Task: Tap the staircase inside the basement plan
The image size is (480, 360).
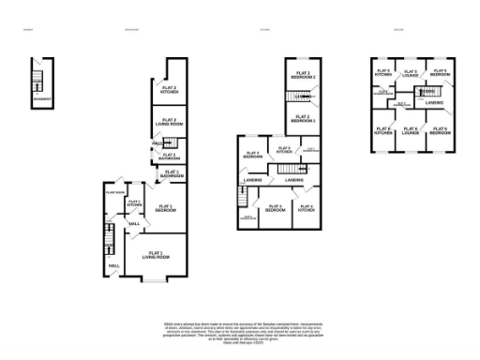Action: coord(38,79)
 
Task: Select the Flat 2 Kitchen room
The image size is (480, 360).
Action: coord(169,90)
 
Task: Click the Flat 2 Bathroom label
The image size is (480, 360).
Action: coord(169,157)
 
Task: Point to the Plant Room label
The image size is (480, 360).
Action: coord(115,192)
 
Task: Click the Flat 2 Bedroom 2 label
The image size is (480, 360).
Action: coord(302,74)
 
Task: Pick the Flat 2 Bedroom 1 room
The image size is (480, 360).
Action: coord(302,119)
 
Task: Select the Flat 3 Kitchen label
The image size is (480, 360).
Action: coord(283,149)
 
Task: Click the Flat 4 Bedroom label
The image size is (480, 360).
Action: coord(275,209)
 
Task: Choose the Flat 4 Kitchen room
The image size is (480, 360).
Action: coord(307,209)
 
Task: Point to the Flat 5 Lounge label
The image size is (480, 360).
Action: coord(410,72)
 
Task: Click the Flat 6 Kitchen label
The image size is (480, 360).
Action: coord(383,131)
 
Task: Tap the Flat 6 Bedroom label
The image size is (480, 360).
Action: coord(439,130)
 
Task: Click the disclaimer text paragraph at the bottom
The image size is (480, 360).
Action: coord(240,333)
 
